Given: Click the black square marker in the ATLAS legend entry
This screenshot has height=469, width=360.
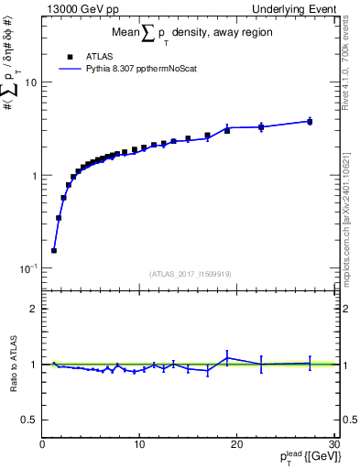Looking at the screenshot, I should point(70,55).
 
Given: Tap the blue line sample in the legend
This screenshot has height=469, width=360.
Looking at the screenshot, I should point(70,68).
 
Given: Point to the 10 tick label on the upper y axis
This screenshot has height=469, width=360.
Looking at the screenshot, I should point(30,82).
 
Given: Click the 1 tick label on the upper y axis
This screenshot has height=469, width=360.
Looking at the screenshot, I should point(33,176).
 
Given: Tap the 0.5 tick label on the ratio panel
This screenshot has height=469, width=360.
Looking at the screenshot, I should point(28,420).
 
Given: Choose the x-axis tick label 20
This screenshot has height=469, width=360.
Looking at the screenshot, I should point(237,444).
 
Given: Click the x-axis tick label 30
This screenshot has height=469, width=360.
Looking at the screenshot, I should point(333,444).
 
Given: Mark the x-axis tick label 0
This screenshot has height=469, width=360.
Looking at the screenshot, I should point(43,444).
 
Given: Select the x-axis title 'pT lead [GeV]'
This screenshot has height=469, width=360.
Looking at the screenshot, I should point(302,459).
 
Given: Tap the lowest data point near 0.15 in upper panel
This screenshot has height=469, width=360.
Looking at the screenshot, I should point(54,250).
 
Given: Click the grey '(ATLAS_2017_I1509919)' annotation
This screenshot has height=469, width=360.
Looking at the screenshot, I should point(190,273).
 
